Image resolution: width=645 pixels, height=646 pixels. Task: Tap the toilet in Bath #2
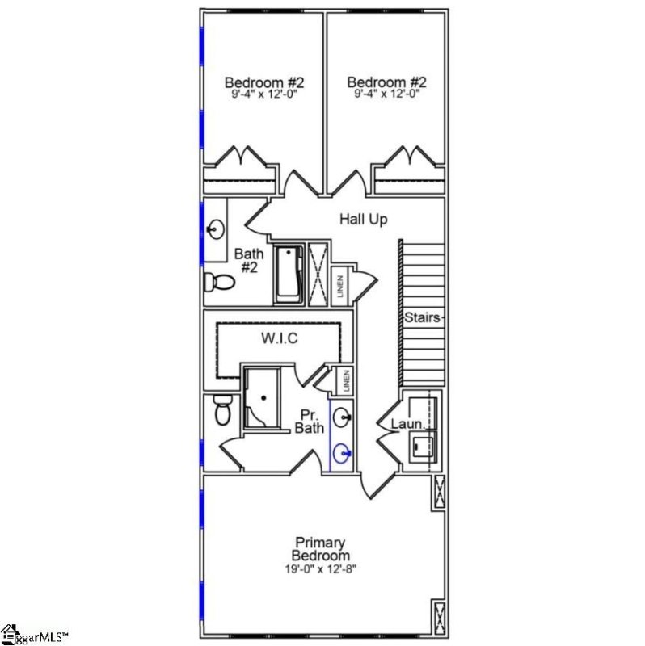coord(219,282)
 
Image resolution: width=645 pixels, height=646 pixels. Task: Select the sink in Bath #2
coord(215,230)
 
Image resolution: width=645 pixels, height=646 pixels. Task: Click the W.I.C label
coord(279,339)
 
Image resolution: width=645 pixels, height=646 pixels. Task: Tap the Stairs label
coord(423,317)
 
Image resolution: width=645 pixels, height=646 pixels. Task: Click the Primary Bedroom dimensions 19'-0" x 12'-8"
coord(322,569)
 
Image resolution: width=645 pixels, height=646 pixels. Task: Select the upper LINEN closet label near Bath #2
coord(340,287)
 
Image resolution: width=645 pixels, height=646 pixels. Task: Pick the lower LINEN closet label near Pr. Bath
coord(345,381)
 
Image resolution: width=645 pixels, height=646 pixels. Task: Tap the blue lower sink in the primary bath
coord(343,455)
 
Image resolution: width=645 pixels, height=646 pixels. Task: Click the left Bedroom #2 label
coord(263,82)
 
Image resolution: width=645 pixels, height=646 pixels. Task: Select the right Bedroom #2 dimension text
coord(386,94)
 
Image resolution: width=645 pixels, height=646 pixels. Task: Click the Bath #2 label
coord(247,260)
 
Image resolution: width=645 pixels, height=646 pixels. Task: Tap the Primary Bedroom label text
coord(322,549)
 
